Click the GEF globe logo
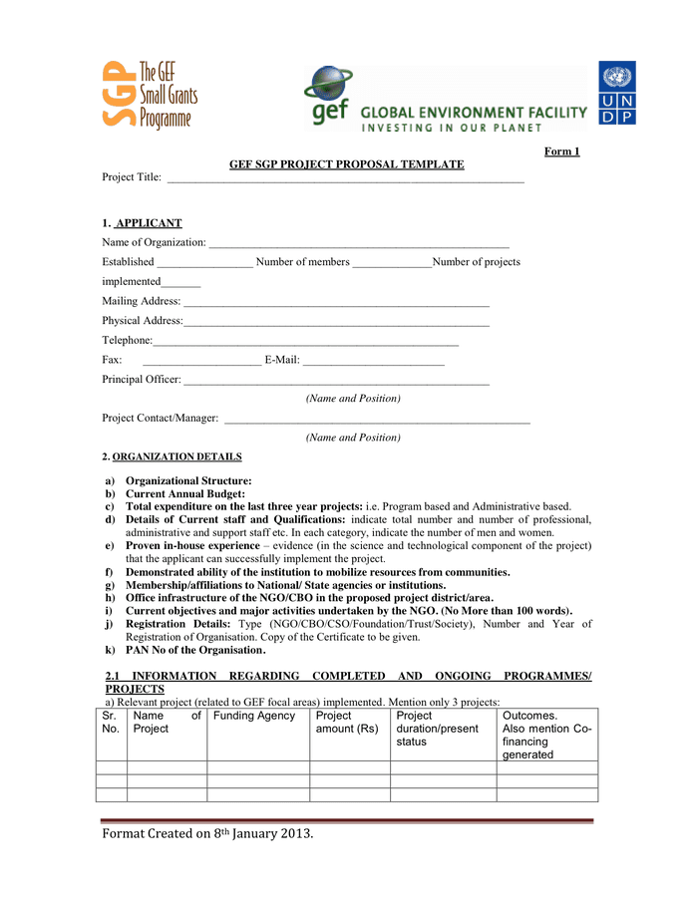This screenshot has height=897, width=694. (328, 96)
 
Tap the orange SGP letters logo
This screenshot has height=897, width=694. (119, 94)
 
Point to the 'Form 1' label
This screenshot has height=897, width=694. (561, 151)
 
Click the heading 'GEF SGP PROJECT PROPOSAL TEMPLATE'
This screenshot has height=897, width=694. (346, 164)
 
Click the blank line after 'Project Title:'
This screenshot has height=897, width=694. (345, 180)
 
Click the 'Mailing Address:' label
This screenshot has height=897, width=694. (142, 301)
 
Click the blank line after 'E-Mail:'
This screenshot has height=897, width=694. (373, 361)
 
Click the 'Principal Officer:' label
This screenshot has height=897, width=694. (142, 380)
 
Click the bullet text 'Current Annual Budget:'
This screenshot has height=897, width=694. (185, 493)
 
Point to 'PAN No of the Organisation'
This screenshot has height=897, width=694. (193, 650)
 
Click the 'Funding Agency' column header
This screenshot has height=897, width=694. (254, 716)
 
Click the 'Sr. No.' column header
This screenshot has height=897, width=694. (111, 722)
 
